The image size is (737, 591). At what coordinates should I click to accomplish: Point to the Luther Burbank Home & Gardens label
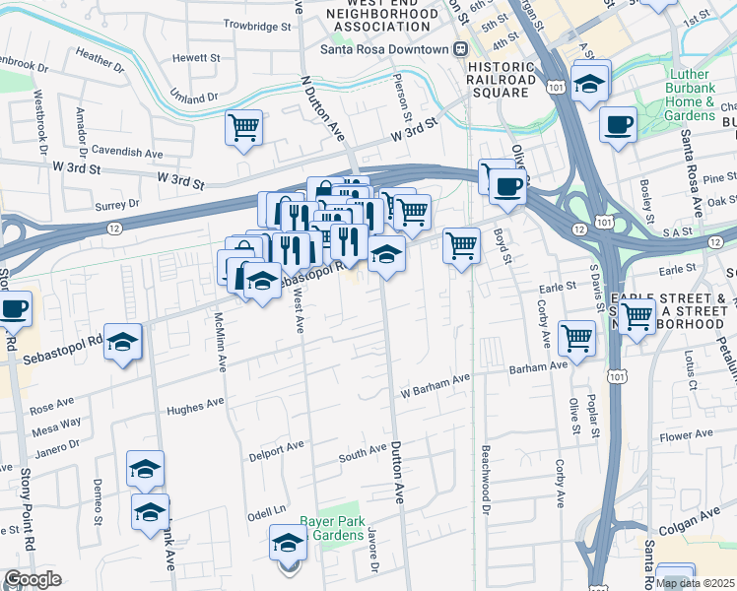(x=703, y=95)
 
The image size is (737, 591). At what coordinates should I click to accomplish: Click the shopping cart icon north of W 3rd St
(x=243, y=126)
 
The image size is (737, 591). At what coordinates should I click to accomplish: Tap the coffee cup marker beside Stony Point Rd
(x=13, y=308)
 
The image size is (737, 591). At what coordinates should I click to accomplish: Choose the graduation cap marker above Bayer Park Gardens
(x=288, y=541)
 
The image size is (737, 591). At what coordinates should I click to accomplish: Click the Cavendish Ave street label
(x=127, y=154)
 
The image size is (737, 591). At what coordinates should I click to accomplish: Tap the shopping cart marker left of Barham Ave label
(x=576, y=337)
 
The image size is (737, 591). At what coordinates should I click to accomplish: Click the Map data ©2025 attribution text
(x=695, y=583)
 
